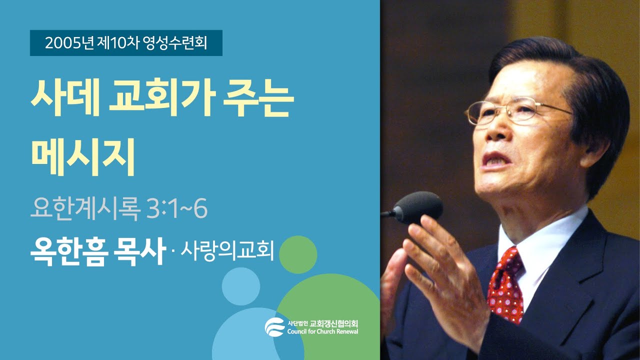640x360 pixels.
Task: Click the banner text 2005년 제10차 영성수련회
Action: [126, 43]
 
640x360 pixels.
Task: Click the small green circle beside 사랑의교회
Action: [298, 254]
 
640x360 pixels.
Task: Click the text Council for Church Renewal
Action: [322, 331]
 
